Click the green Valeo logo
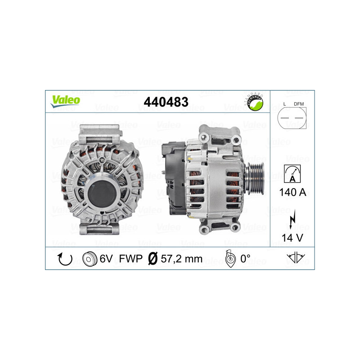coord(65,101)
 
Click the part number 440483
coord(166,102)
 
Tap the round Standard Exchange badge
coord(255,103)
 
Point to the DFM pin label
coord(299,104)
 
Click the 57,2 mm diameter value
coord(181,259)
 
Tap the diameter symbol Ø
coord(152,259)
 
